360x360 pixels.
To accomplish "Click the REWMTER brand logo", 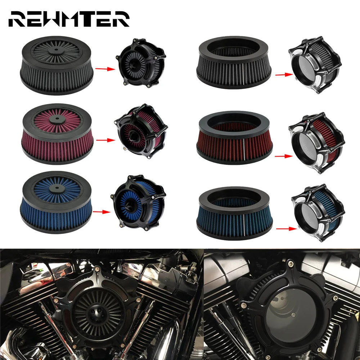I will click(68, 19).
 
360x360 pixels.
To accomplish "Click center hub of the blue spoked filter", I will click(57, 186).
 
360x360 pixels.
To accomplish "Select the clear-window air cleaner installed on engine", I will click(281, 306).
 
